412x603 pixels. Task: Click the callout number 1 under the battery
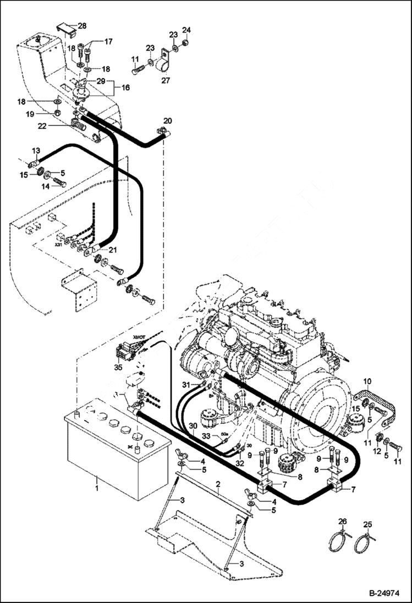(x=97, y=487)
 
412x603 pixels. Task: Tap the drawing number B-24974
(x=383, y=594)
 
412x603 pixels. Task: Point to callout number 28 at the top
(x=82, y=26)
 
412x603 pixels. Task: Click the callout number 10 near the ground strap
(x=367, y=381)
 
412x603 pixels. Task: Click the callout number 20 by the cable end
(x=168, y=120)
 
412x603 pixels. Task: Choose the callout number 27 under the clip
(x=165, y=80)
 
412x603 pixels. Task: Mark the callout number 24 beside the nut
(x=186, y=29)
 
